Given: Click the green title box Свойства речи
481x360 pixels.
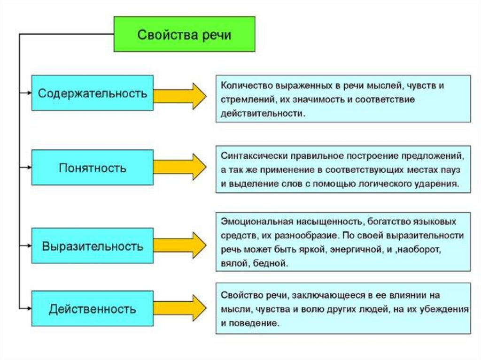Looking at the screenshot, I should (x=185, y=35).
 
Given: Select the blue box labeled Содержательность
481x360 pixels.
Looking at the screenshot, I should (x=93, y=93).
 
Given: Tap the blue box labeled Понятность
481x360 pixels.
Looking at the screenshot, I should (x=93, y=168).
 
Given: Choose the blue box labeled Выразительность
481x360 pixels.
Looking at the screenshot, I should (x=93, y=245).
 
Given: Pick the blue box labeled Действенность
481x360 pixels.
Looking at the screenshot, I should (x=93, y=309).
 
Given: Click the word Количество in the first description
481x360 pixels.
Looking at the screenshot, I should (x=240, y=86).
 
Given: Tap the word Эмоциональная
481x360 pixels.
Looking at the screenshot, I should (x=250, y=220).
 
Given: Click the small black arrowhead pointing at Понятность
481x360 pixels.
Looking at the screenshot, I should (x=29, y=168).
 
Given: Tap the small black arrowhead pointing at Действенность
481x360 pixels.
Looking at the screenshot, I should (x=29, y=309).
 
